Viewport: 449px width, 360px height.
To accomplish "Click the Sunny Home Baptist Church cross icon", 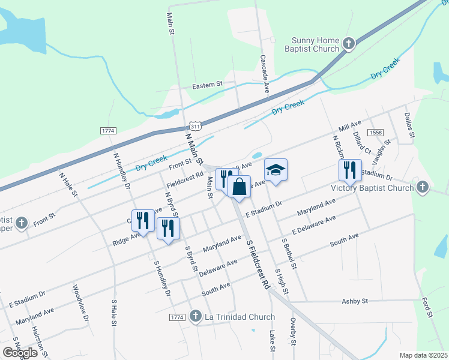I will coord(349,44).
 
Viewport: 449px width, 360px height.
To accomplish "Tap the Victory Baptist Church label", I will coord(372,188).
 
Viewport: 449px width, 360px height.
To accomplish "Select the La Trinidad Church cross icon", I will coord(195,316).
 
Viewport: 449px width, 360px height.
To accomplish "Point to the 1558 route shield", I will coord(376,132).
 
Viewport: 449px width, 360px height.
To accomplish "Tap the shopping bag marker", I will coord(239,187).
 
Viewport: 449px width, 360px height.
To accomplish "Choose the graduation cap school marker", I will coord(276,170).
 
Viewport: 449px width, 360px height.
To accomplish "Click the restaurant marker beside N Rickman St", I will coord(349,170).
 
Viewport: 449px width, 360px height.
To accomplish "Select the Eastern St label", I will coord(207,86).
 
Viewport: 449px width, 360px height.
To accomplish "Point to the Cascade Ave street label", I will coord(264,74).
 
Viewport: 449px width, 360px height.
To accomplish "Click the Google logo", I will coord(20,352).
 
